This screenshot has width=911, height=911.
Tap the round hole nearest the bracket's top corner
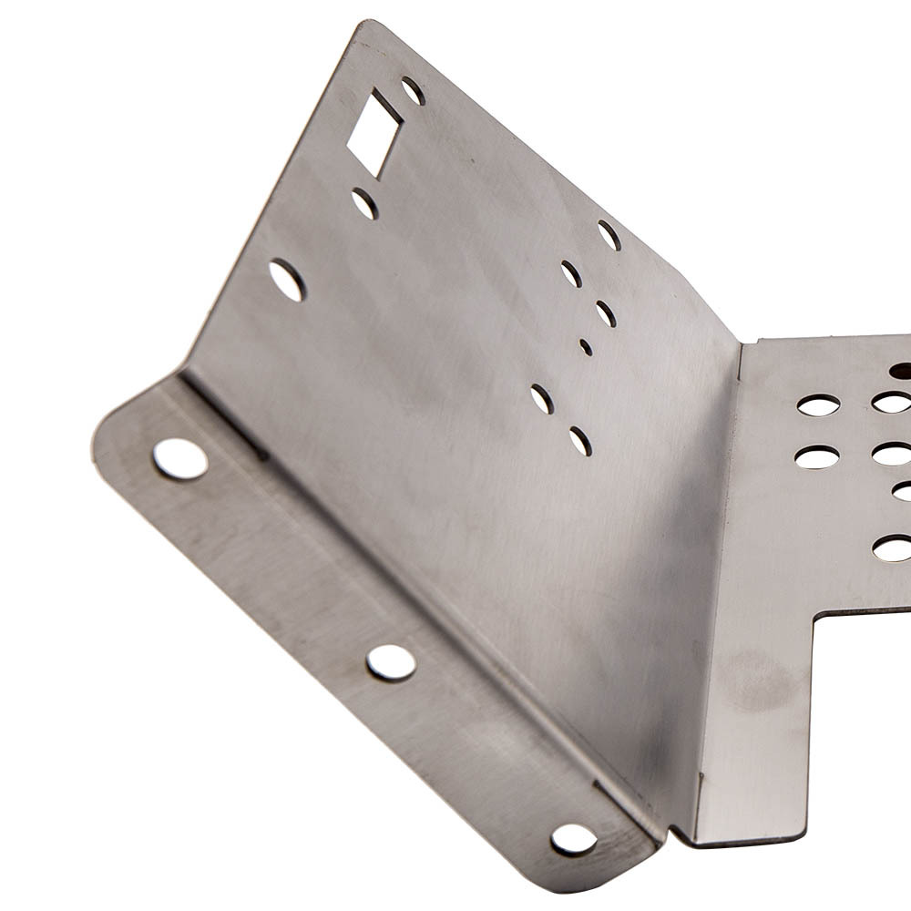(413, 90)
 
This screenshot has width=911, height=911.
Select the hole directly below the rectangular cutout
(364, 203)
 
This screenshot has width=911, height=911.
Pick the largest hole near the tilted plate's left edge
(287, 280)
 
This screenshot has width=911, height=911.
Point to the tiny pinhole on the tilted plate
(585, 347)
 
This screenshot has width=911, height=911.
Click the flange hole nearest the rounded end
(179, 458)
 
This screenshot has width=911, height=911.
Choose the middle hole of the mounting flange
(391, 662)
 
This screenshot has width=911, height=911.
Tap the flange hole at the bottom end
(574, 839)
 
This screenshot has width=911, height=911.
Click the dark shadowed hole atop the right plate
(901, 370)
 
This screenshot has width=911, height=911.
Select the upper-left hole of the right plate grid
(818, 405)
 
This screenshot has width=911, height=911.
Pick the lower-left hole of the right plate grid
(817, 456)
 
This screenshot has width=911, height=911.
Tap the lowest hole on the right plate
(893, 548)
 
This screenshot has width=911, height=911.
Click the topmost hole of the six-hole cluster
(609, 235)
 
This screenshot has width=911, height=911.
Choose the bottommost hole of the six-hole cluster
(580, 441)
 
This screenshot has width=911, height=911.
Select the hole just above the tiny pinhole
(606, 313)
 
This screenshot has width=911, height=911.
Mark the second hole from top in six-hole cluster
(571, 273)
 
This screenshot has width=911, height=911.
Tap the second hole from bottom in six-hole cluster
(542, 398)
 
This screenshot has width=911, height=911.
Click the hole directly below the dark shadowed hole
(893, 402)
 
